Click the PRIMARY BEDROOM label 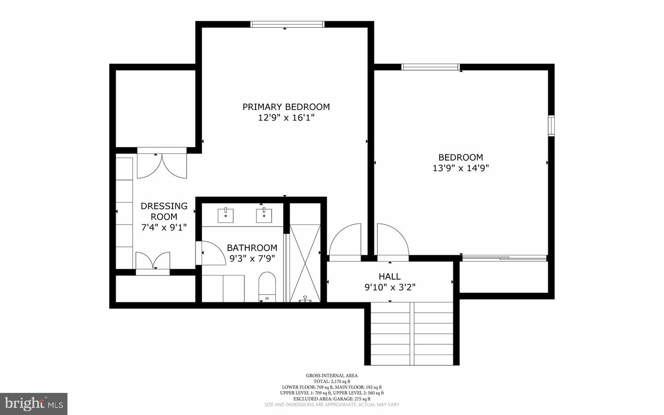coord(286,107)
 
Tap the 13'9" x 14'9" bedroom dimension coord(460,168)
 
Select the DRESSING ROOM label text coord(164,211)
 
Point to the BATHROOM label coord(252,248)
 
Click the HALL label coord(390,277)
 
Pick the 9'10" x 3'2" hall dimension coord(390,287)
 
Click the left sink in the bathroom coord(225,216)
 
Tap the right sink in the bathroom coord(264,216)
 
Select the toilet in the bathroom coord(267,287)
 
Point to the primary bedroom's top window coord(287,24)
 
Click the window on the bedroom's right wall coord(551,126)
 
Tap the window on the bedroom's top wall coord(431,67)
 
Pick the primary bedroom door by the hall coord(345,241)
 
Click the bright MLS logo coord(34,404)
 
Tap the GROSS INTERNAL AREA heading coord(332,375)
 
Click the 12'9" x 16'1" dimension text coord(286,118)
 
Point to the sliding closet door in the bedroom coord(505,258)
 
